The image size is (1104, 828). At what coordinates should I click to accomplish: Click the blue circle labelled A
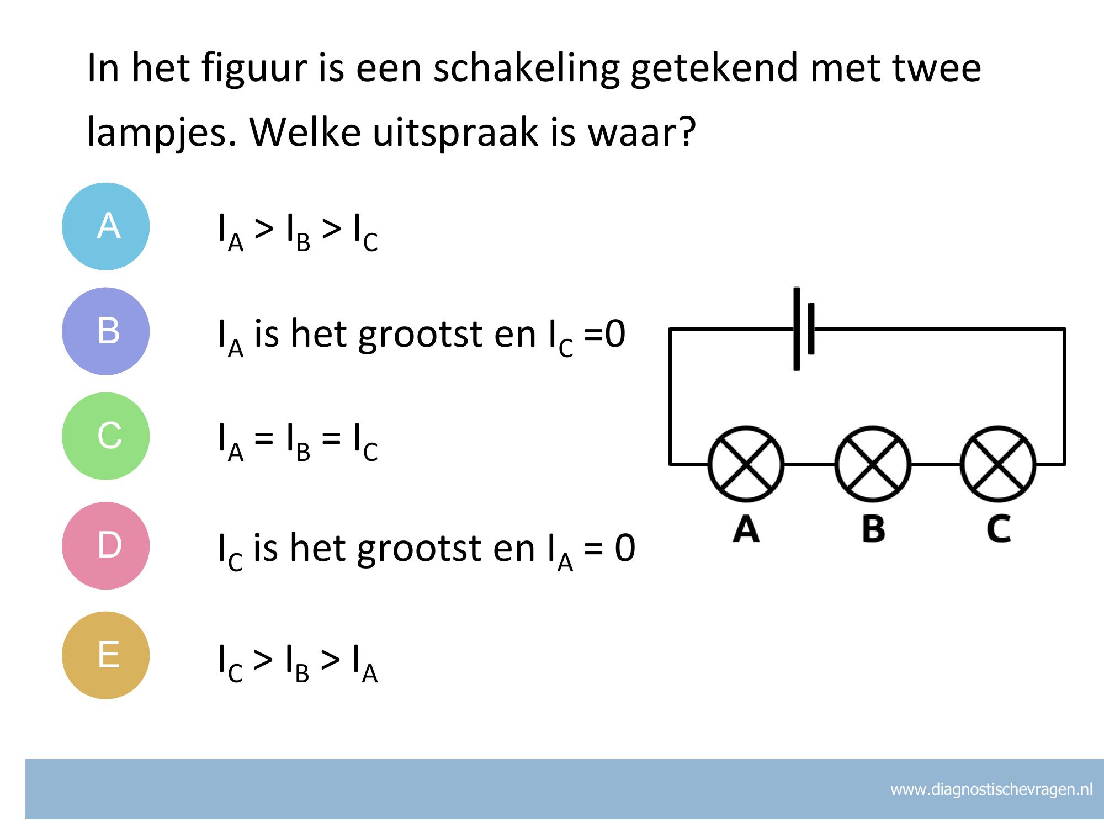[106, 226]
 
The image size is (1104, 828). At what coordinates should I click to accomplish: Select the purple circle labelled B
[106, 331]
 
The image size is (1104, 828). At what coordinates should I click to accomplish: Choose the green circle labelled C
[106, 436]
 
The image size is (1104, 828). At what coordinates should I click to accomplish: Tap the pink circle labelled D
[106, 545]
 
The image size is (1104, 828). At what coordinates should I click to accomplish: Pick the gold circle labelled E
[106, 655]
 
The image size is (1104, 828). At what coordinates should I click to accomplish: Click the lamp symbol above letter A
[746, 464]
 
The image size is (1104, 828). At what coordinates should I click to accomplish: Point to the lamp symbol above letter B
[872, 464]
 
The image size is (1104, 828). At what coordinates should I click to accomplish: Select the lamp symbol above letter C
[999, 464]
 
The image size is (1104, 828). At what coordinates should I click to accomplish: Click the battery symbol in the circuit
[804, 329]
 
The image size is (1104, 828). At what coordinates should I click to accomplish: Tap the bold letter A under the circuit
[746, 528]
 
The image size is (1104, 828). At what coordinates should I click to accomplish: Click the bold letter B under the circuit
[873, 528]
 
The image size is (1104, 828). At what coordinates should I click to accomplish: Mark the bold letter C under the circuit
[999, 528]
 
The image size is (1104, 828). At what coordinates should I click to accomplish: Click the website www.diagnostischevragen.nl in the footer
[991, 789]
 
